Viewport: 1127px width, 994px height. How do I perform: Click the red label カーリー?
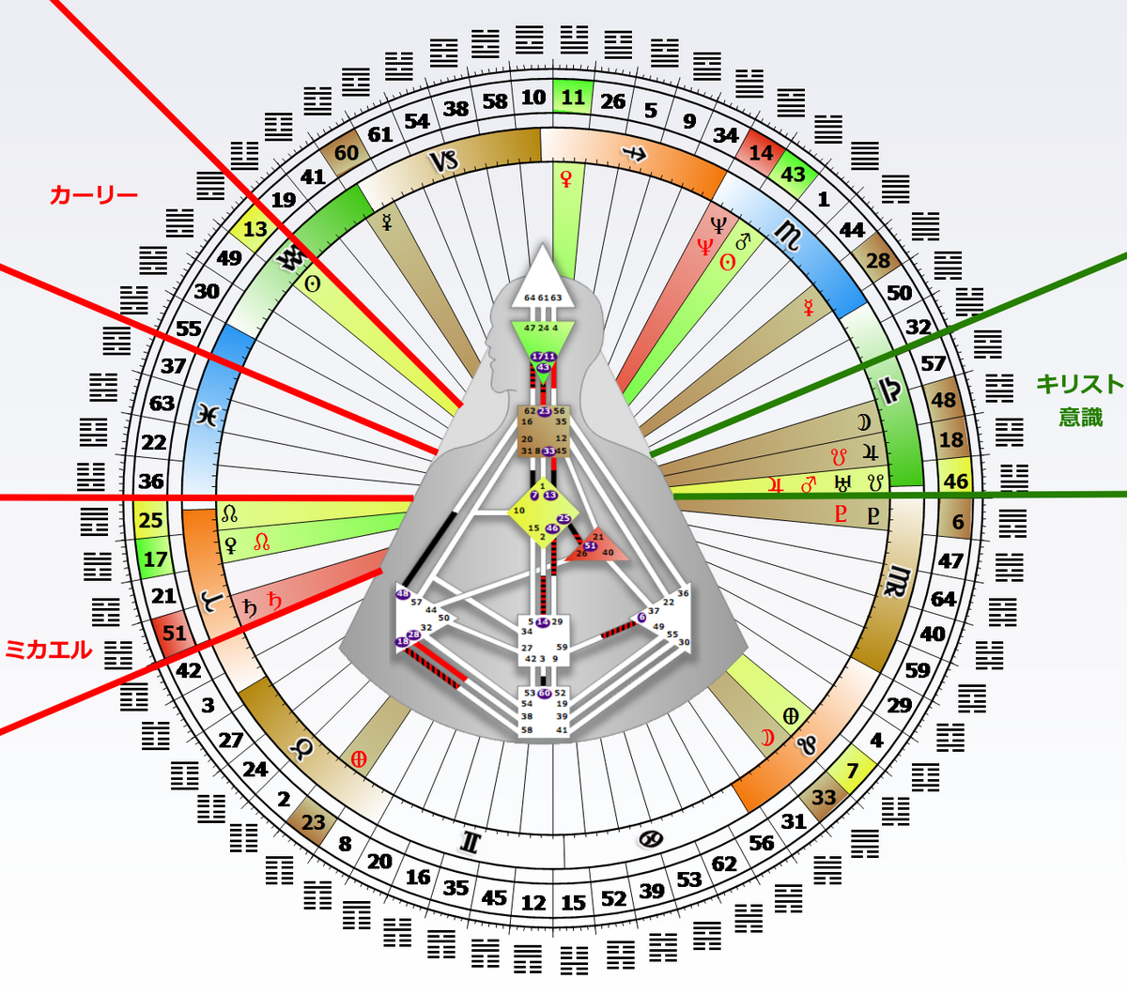pos(93,195)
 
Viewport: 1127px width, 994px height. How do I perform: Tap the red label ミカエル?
pos(49,649)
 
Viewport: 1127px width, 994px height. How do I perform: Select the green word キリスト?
pos(1079,384)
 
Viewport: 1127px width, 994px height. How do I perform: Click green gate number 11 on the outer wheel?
pos(573,98)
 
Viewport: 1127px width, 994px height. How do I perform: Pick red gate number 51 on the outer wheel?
pos(175,633)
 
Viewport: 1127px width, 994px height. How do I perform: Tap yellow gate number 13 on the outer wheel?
pos(255,230)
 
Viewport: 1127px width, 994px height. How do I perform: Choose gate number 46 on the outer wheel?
pos(956,482)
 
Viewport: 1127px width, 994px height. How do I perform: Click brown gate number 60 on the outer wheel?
pos(347,153)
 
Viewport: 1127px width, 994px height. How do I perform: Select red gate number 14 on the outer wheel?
pos(761,153)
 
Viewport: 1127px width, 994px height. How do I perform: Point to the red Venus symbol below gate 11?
pos(566,178)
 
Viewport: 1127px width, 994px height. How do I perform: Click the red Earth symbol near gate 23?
pos(358,759)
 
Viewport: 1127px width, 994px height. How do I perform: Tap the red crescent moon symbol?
pos(767,738)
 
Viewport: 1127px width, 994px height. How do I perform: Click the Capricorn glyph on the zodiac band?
pos(444,161)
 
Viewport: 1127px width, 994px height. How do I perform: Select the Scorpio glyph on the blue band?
pos(789,237)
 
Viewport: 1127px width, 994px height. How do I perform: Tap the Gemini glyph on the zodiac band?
pos(471,842)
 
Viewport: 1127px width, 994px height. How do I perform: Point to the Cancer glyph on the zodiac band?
pos(648,839)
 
